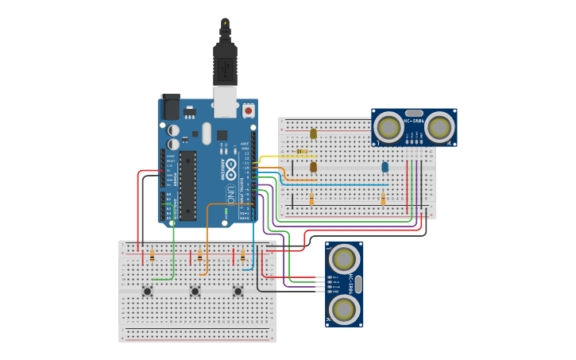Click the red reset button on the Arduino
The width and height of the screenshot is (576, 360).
click(x=248, y=110)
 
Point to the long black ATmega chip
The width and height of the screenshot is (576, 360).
click(x=187, y=185)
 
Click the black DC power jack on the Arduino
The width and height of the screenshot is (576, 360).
click(x=171, y=106)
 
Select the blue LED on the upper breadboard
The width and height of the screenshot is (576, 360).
click(x=385, y=167)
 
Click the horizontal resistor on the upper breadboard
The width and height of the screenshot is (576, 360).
click(x=302, y=151)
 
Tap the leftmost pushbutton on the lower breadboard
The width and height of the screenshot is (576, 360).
click(x=148, y=291)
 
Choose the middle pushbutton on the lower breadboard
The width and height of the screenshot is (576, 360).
click(x=195, y=291)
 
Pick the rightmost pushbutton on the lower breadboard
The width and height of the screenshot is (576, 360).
click(x=238, y=291)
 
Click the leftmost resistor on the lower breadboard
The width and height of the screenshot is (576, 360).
click(x=152, y=256)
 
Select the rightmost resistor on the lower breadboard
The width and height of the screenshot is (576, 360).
click(x=242, y=256)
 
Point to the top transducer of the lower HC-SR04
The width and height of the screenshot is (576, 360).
click(x=344, y=258)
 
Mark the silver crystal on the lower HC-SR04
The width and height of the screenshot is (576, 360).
click(x=358, y=283)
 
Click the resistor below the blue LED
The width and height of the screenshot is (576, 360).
click(x=383, y=199)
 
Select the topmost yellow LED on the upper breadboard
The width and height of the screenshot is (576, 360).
click(x=313, y=134)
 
